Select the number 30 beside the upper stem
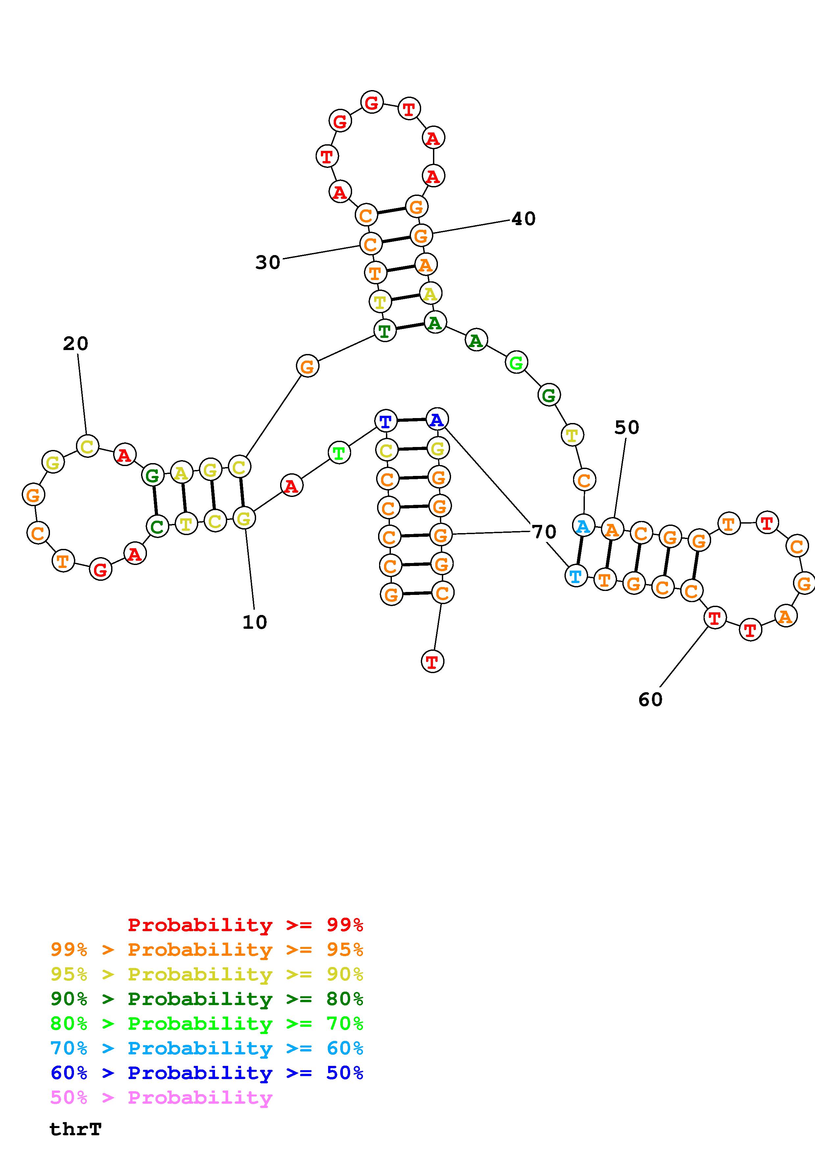268,263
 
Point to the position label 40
523,219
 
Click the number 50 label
627,428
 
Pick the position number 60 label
650,699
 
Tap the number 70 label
544,531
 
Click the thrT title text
75,1129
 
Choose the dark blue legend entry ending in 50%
207,1073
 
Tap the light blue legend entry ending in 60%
207,1048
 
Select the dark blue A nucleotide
437,419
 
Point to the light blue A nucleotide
583,526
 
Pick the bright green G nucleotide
516,363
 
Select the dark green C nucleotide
157,526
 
